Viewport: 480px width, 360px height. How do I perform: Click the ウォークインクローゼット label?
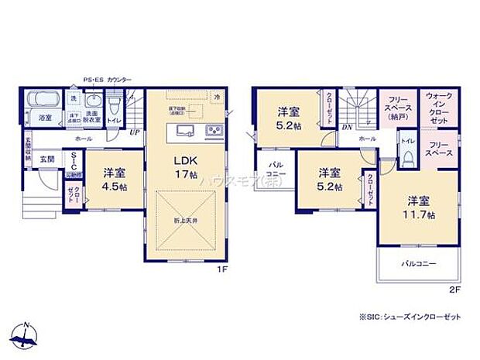click(x=439, y=108)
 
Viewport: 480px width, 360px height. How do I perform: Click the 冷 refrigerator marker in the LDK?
click(x=218, y=97)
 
